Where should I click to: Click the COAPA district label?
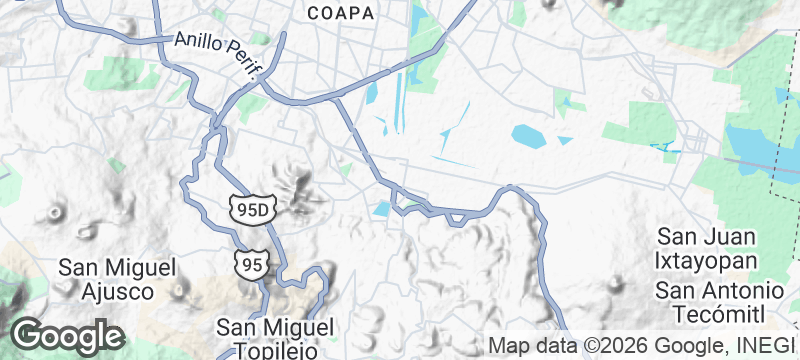pos(342,13)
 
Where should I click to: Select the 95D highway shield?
pos(250,209)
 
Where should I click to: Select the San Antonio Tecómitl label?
pos(710,302)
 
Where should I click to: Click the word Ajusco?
pos(118,292)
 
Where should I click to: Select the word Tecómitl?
pos(710,314)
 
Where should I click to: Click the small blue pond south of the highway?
pos(382,208)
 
